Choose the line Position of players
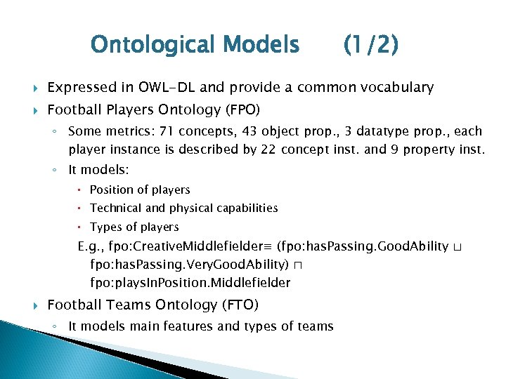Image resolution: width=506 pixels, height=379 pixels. (x=140, y=189)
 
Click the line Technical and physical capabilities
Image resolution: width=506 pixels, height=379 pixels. (x=183, y=208)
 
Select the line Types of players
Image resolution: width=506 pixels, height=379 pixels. (x=134, y=227)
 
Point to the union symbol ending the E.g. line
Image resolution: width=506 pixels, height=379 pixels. (x=458, y=247)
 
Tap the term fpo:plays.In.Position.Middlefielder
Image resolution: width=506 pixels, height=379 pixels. (x=190, y=283)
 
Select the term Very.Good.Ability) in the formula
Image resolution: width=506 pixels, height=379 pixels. (x=222, y=265)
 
